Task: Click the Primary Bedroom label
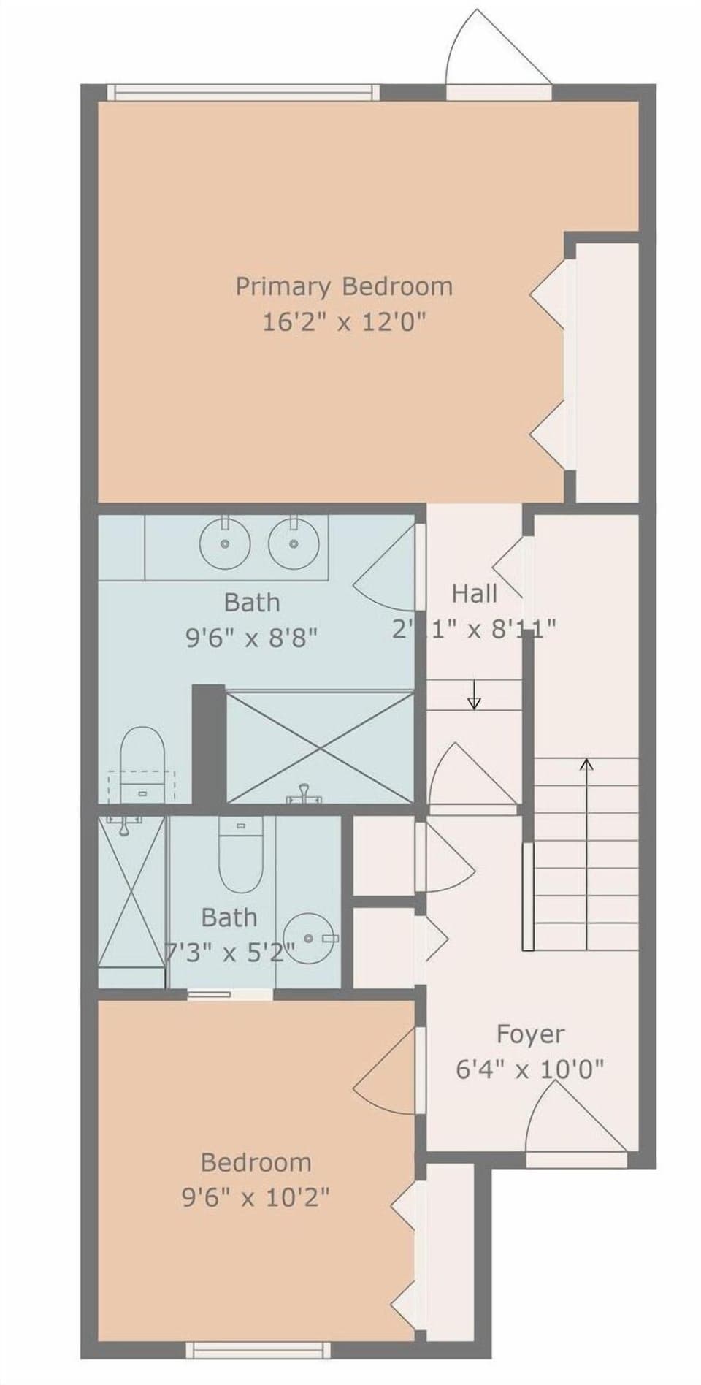coord(343,286)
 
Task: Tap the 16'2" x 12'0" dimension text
coord(343,321)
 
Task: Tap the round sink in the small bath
coord(309,937)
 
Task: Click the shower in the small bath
coord(131,899)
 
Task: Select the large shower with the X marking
coord(319,744)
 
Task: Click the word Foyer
coord(530,1034)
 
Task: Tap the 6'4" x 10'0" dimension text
coord(530,1070)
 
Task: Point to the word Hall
coord(474,593)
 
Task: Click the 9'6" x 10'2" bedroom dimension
coord(256,1197)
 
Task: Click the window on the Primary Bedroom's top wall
coord(243,92)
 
